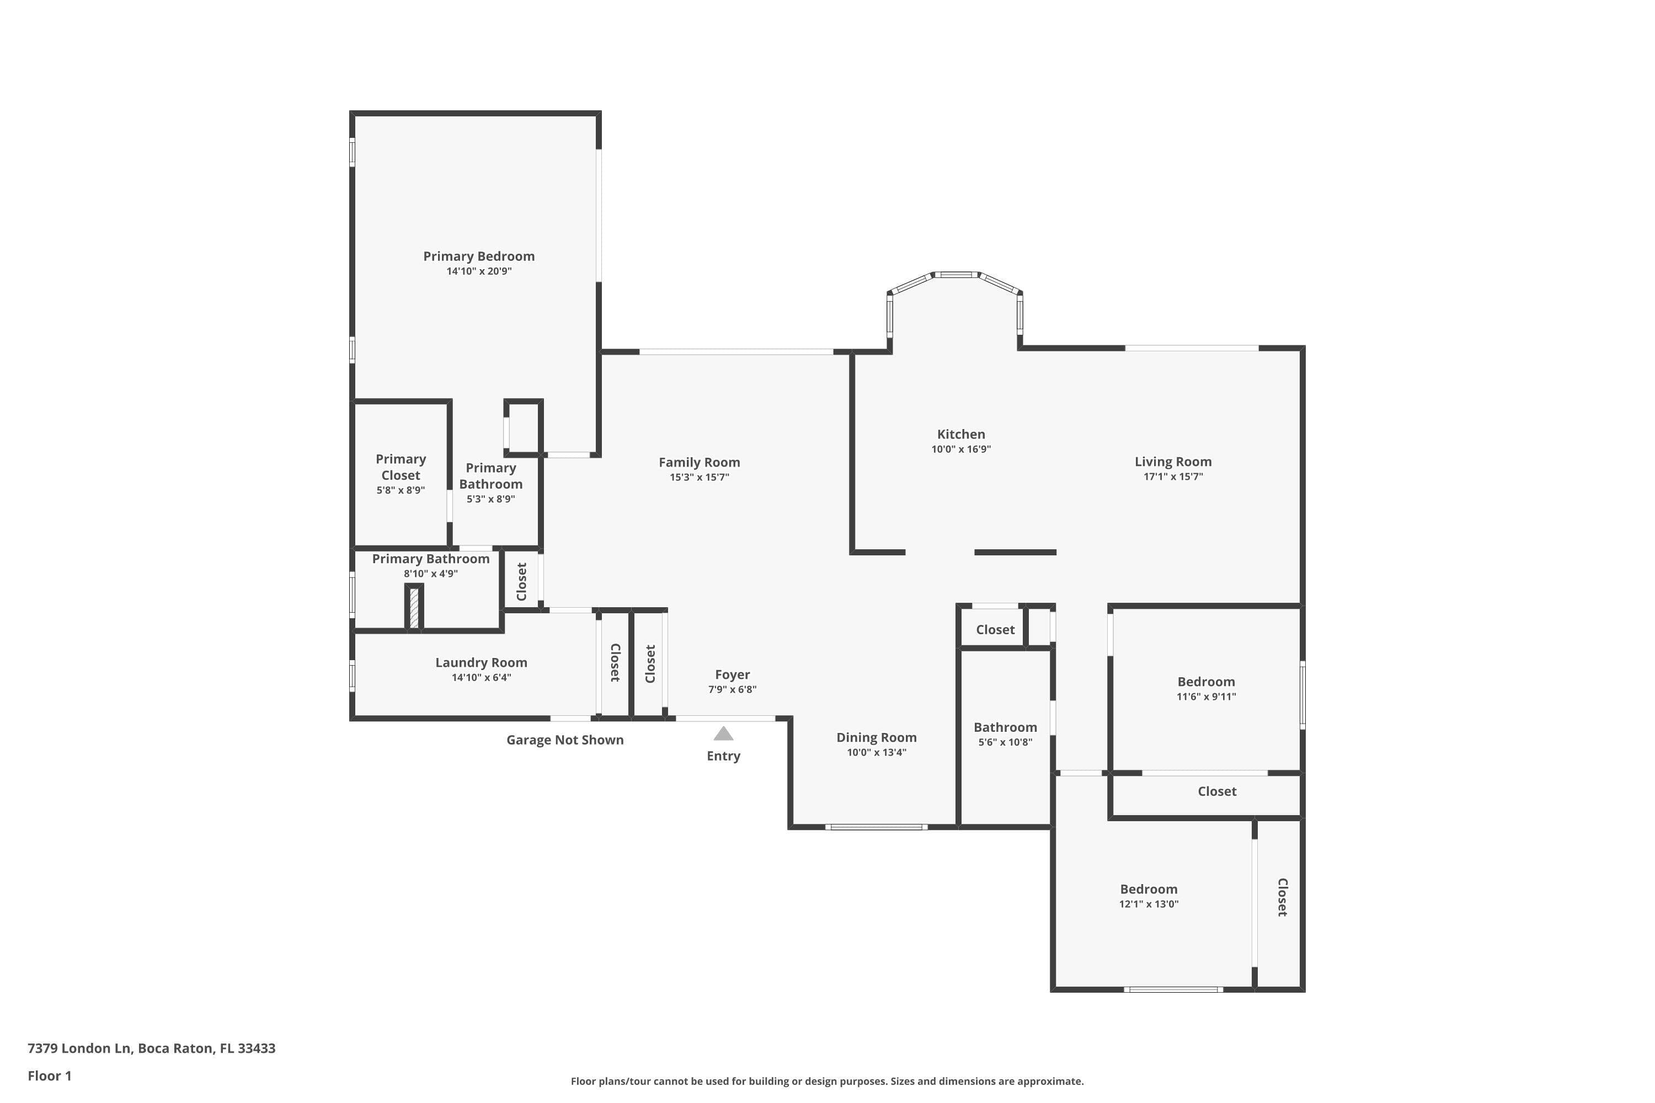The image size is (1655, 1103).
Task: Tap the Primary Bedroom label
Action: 478,256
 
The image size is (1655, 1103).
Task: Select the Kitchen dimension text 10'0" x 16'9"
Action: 960,449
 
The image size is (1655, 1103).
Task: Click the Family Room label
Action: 699,462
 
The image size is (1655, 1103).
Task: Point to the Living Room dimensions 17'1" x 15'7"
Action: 1173,476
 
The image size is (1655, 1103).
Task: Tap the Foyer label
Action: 732,674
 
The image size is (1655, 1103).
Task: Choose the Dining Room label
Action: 876,737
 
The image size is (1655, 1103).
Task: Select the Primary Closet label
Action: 401,467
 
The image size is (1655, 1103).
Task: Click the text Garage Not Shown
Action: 564,740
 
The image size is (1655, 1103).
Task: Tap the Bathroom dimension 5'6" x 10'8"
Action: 1005,742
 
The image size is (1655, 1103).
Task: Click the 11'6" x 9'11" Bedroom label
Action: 1206,682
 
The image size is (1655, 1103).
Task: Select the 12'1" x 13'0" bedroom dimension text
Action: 1149,904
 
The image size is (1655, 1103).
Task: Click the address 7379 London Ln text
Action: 79,1048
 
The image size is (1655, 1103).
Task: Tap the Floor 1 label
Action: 49,1075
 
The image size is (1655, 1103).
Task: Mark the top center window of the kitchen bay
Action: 955,274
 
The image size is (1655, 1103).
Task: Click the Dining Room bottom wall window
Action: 876,827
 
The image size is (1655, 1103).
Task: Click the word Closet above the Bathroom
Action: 995,630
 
